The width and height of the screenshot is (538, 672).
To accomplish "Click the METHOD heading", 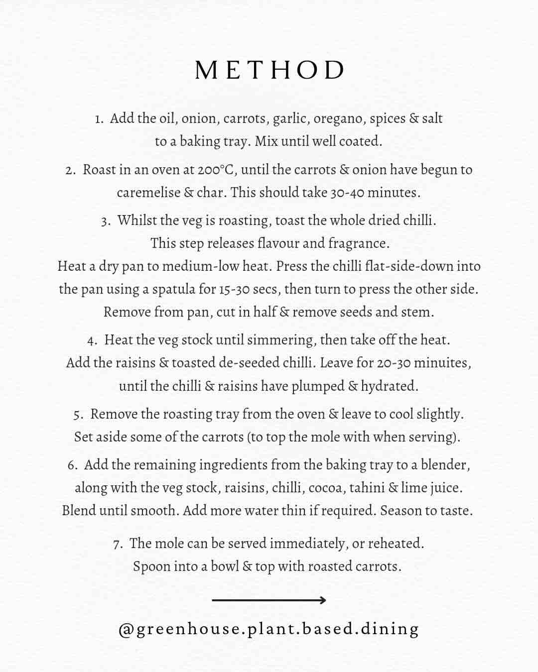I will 269,70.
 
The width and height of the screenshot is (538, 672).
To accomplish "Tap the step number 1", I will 99,119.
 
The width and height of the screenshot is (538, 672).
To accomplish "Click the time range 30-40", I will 347,193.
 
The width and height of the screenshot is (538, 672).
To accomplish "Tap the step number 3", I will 105,221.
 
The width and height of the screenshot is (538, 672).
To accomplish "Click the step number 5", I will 78,415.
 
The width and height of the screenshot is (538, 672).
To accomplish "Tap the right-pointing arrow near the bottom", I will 269,600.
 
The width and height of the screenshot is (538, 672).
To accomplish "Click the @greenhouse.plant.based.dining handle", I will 269,629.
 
